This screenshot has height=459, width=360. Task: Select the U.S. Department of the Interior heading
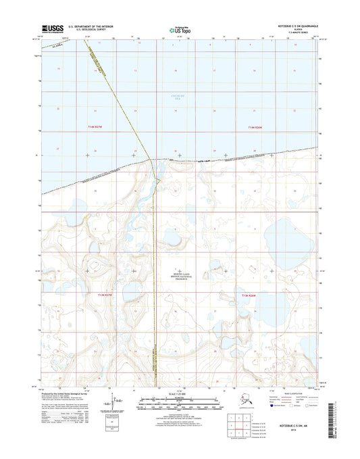[94, 26]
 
